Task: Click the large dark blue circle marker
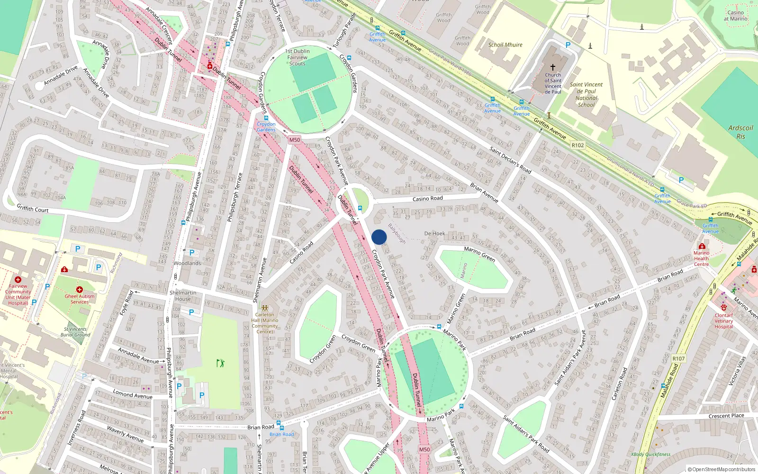[x=379, y=237]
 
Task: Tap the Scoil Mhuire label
[x=505, y=45]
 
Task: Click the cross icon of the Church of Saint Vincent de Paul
[x=552, y=67]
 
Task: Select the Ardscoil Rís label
[x=740, y=132]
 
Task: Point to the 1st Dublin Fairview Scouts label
[x=298, y=57]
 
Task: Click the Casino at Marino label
[x=735, y=16]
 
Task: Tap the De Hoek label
[x=434, y=234]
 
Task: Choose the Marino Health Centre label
[x=701, y=258]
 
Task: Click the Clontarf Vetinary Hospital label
[x=723, y=321]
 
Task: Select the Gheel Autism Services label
[x=80, y=299]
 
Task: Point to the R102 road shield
[x=578, y=145]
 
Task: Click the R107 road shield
[x=678, y=358]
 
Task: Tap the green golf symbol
[x=220, y=363]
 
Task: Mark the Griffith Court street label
[x=33, y=209]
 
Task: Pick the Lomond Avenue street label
[x=133, y=394]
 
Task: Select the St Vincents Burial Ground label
[x=75, y=332]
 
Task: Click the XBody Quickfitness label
[x=650, y=454]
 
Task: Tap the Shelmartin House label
[x=183, y=296]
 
